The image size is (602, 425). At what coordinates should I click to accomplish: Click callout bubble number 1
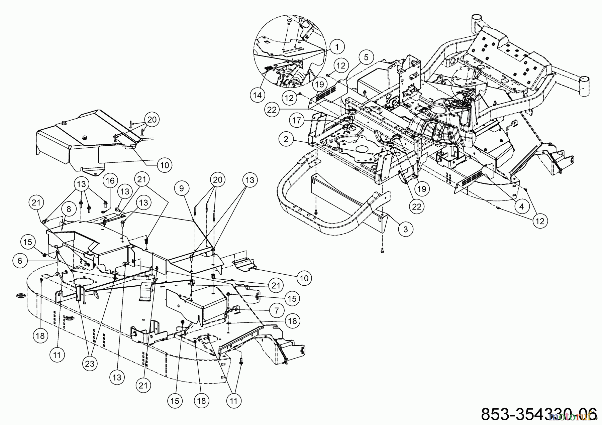[x=337, y=47]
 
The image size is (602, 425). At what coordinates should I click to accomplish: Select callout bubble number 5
[x=366, y=57]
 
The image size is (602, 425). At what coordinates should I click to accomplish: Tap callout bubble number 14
[x=257, y=95]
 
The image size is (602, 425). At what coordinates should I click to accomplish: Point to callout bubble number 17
[x=297, y=120]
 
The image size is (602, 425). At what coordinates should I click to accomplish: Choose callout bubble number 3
[x=406, y=230]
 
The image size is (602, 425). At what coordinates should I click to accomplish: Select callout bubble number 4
[x=522, y=207]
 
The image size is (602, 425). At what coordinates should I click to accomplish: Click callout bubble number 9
[x=181, y=188]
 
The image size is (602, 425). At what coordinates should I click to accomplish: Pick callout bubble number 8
[x=69, y=209]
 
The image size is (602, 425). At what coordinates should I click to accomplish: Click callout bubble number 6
[x=20, y=261]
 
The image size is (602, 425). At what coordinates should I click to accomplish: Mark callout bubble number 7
[x=276, y=311]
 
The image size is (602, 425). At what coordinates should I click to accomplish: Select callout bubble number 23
[x=90, y=364]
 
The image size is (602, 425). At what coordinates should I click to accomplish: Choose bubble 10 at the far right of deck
[x=304, y=278]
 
